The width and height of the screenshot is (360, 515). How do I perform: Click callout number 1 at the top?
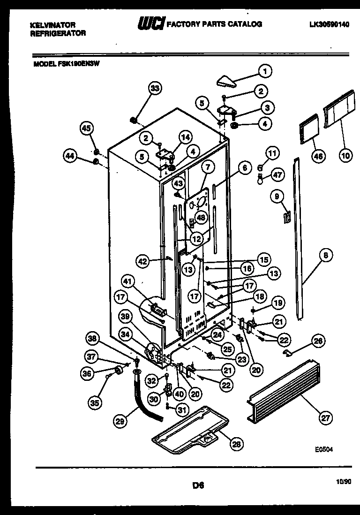[x=265, y=71]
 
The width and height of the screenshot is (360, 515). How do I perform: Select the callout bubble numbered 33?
[x=155, y=88]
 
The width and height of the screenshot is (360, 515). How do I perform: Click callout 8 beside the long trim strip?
[x=326, y=256]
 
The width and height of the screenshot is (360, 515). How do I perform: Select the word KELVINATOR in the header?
[x=52, y=24]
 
